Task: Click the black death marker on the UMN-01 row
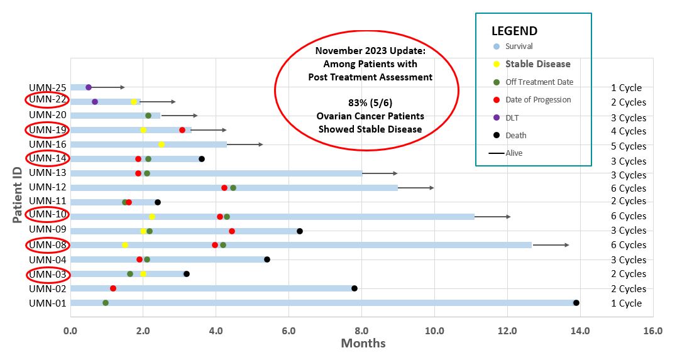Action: click(576, 303)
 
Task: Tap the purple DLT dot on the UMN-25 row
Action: click(89, 87)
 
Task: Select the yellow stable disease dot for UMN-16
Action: click(162, 144)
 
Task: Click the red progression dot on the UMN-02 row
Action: click(113, 288)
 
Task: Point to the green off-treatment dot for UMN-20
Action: click(148, 116)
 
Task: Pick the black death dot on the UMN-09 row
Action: click(300, 231)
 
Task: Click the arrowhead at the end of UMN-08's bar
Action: click(567, 245)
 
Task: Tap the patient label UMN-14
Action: click(48, 158)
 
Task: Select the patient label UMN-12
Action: click(48, 187)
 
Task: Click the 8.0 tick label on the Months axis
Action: click(362, 330)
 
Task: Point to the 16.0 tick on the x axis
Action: click(653, 330)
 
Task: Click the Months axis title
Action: click(363, 344)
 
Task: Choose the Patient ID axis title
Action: click(17, 195)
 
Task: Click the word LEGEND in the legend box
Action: click(514, 31)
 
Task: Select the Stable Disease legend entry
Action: click(537, 64)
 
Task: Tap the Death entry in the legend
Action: click(515, 135)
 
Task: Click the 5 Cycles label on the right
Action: click(629, 146)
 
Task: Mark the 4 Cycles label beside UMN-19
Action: click(629, 131)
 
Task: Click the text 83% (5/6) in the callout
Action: click(370, 103)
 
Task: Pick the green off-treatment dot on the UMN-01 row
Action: click(105, 303)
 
